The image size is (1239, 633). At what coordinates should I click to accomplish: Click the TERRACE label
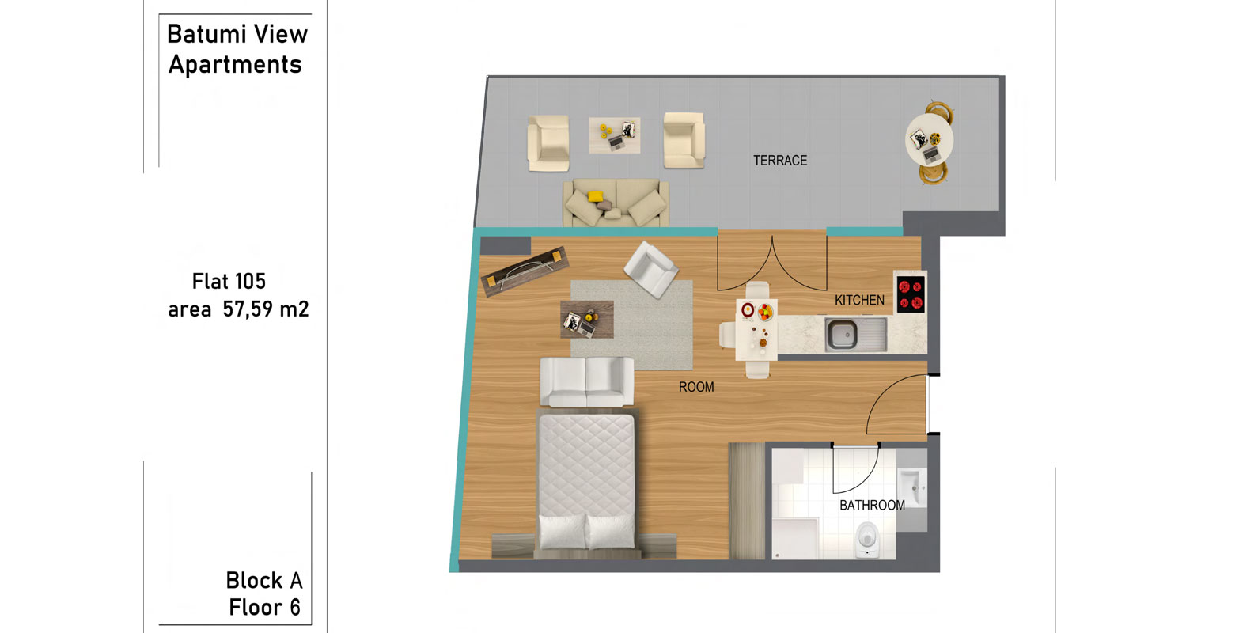click(780, 161)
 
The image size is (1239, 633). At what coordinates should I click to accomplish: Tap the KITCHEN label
click(859, 300)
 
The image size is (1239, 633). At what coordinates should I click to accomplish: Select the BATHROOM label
click(872, 505)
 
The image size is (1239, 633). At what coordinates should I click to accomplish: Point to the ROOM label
click(695, 387)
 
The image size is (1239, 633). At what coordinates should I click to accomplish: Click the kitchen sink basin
click(842, 334)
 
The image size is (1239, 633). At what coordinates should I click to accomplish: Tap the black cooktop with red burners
click(911, 294)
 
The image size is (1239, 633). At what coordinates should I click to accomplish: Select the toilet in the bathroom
click(867, 540)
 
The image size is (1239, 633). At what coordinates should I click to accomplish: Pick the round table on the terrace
click(929, 139)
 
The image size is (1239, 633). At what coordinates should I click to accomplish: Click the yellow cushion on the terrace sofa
click(595, 196)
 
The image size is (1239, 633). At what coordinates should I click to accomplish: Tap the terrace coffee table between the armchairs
click(615, 135)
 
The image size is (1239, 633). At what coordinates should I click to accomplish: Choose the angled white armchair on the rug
click(651, 270)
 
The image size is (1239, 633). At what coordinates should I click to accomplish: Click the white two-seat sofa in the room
click(587, 382)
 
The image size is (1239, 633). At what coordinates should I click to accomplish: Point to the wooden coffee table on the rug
click(587, 319)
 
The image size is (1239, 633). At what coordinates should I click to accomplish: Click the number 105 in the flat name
click(249, 281)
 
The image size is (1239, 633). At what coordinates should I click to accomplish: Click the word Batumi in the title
click(204, 34)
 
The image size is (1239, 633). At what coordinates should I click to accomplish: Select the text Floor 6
click(264, 607)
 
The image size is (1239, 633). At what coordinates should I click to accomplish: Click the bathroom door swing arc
click(867, 479)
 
